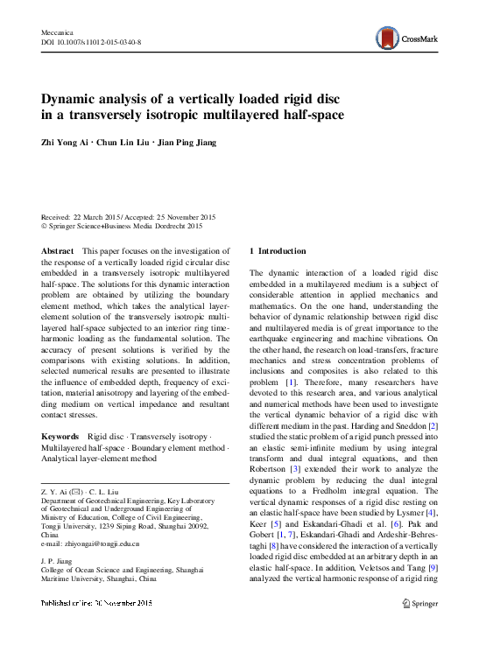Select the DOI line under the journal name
click(91, 42)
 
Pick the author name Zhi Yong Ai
click(66, 143)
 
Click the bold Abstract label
click(58, 251)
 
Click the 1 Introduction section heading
click(278, 251)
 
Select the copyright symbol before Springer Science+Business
click(46, 226)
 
